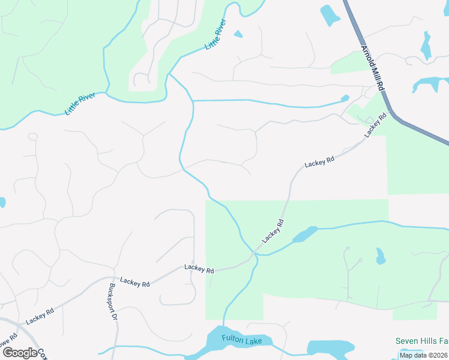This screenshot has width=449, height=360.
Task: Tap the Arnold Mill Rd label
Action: [x=372, y=67]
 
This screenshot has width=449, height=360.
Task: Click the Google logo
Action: [x=20, y=353]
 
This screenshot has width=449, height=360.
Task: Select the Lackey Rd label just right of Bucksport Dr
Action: [x=134, y=280]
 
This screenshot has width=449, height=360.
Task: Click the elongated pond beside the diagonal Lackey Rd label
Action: [x=305, y=234]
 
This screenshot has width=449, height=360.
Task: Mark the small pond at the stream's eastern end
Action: [x=345, y=98]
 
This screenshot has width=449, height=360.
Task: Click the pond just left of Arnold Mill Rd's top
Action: [x=330, y=15]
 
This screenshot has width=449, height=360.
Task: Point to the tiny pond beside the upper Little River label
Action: [x=238, y=34]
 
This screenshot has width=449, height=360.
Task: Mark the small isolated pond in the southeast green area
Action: [x=379, y=256]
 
